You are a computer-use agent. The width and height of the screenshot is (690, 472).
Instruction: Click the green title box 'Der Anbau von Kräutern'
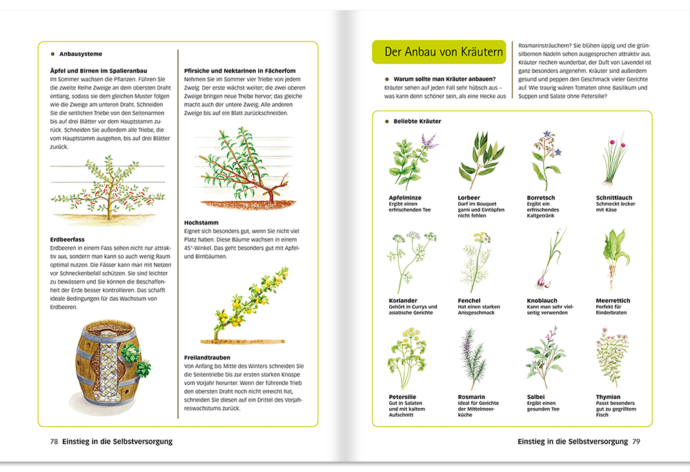tap(439, 52)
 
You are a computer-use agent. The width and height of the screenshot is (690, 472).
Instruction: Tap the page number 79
tap(637, 441)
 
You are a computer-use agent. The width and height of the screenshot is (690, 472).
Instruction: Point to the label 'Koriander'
tap(403, 301)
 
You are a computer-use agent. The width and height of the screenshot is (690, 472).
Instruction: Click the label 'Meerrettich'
tap(613, 301)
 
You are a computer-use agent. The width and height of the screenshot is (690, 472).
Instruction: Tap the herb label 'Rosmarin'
tap(473, 397)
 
